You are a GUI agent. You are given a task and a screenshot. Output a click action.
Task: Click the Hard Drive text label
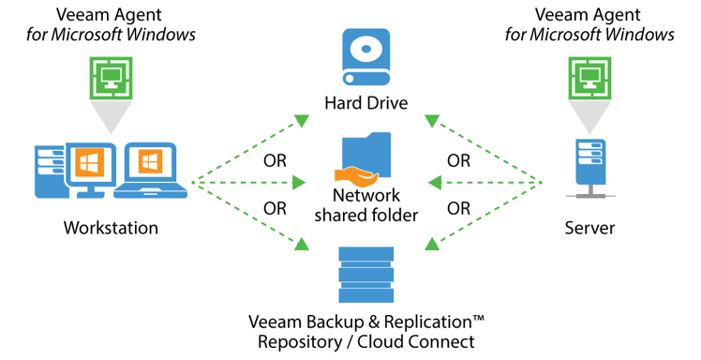point(365,102)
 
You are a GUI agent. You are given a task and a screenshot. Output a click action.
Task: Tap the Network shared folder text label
point(365,204)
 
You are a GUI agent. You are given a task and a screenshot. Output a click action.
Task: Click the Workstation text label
point(111,228)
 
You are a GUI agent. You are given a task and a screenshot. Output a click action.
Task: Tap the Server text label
point(590,228)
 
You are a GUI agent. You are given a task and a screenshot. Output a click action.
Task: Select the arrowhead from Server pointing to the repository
point(431,245)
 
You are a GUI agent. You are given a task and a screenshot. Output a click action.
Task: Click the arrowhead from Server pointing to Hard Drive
point(431,121)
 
